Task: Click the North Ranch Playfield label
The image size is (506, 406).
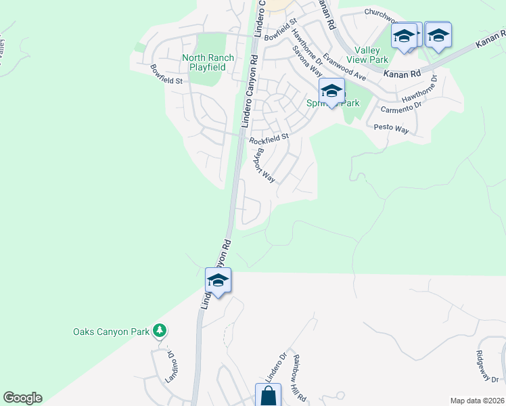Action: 208,63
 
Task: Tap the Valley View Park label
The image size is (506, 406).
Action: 373,55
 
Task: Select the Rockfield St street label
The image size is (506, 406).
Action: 269,139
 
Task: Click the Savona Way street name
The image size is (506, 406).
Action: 306,60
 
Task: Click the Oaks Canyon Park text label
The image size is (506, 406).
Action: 111,332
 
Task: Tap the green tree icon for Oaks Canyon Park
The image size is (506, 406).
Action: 159,330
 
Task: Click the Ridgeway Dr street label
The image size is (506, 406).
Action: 486,369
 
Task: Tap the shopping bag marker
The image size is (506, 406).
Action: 267,395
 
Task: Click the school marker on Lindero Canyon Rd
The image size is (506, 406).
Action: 218,280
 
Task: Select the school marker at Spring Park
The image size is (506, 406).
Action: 331,91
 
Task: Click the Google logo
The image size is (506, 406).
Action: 22,398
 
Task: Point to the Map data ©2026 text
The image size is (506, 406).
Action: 476,401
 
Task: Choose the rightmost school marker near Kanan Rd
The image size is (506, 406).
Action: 438,35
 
